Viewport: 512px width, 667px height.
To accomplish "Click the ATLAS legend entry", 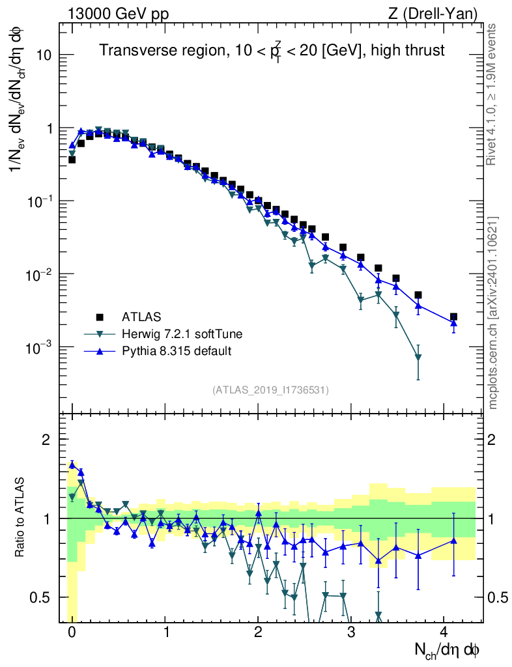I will tap(140, 317).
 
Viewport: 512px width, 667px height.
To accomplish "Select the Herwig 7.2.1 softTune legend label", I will tap(182, 334).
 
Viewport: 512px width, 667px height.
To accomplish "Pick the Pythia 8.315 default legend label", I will tap(177, 351).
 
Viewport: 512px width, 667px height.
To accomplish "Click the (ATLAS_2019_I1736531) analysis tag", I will tap(270, 390).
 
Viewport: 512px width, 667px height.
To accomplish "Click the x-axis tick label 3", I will tap(351, 632).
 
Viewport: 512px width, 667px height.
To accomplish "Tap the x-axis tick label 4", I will tap(444, 632).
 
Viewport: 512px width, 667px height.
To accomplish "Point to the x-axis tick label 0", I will tap(72, 632).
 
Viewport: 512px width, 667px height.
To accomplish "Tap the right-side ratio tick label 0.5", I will tap(498, 597).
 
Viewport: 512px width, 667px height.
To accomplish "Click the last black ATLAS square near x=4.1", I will tap(453, 317).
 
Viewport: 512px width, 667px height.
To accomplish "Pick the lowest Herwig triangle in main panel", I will tap(418, 358).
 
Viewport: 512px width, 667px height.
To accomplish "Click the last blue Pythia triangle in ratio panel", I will tap(453, 540).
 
